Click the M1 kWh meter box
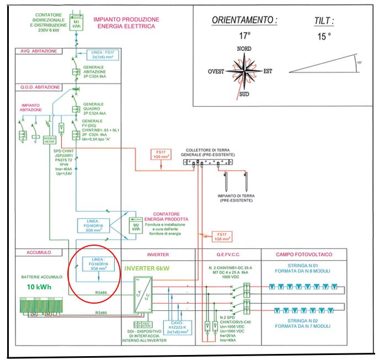tap(76, 24)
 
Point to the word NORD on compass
tap(244, 49)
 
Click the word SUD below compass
tap(244, 94)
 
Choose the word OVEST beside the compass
tap(218, 72)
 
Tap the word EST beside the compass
tap(268, 71)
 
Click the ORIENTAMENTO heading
tap(244, 20)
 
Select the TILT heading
tap(323, 20)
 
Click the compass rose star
tap(243, 71)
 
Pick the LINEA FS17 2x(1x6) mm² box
tap(104, 55)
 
